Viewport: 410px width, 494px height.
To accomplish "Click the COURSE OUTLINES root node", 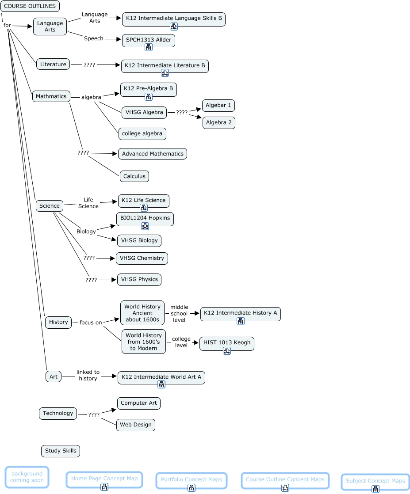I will pos(30,6).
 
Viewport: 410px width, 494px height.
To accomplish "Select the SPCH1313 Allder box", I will pos(148,40).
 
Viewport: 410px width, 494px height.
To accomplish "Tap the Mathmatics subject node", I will pos(51,96).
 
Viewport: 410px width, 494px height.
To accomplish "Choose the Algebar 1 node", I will pos(218,106).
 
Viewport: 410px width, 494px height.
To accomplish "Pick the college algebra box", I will pos(142,133).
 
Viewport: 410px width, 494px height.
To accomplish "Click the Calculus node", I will pos(134,176).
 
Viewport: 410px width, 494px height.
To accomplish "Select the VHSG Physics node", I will pos(139,279).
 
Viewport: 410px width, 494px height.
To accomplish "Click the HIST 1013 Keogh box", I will pos(226,342).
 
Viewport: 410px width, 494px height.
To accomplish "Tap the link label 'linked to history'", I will pos(88,375).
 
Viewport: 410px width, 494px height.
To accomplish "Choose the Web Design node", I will pos(136,425).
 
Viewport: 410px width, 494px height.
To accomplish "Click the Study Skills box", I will pos(61,451).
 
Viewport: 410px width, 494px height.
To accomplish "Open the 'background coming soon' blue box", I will pos(27,477).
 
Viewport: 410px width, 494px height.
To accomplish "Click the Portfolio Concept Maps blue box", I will pos(192,480).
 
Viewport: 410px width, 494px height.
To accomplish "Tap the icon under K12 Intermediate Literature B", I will pos(165,73).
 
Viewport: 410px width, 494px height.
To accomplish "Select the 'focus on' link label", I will pos(90,323).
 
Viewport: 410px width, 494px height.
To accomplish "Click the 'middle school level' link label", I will pos(179,313).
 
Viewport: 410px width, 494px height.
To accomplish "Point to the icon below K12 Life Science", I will pos(143,208).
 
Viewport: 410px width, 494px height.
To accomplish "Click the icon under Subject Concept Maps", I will pos(375,489).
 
